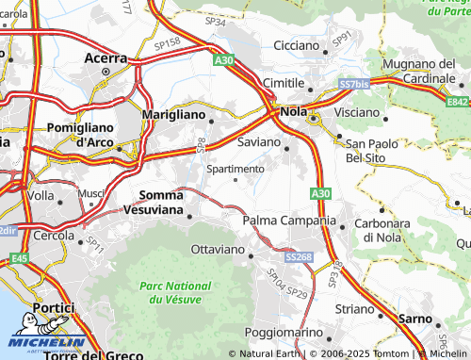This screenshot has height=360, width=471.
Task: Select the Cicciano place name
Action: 298,45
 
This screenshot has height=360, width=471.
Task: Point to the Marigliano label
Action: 172,113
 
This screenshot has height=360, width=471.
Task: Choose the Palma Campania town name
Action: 289,221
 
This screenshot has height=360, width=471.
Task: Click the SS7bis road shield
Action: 354,85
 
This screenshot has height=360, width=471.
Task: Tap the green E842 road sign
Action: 458,102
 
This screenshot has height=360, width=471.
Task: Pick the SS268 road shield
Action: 299,256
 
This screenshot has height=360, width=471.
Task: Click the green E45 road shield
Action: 19,257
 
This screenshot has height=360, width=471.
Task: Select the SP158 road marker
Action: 167,43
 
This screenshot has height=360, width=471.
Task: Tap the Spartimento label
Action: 235,169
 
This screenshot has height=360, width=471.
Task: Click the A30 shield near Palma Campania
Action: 319,192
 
